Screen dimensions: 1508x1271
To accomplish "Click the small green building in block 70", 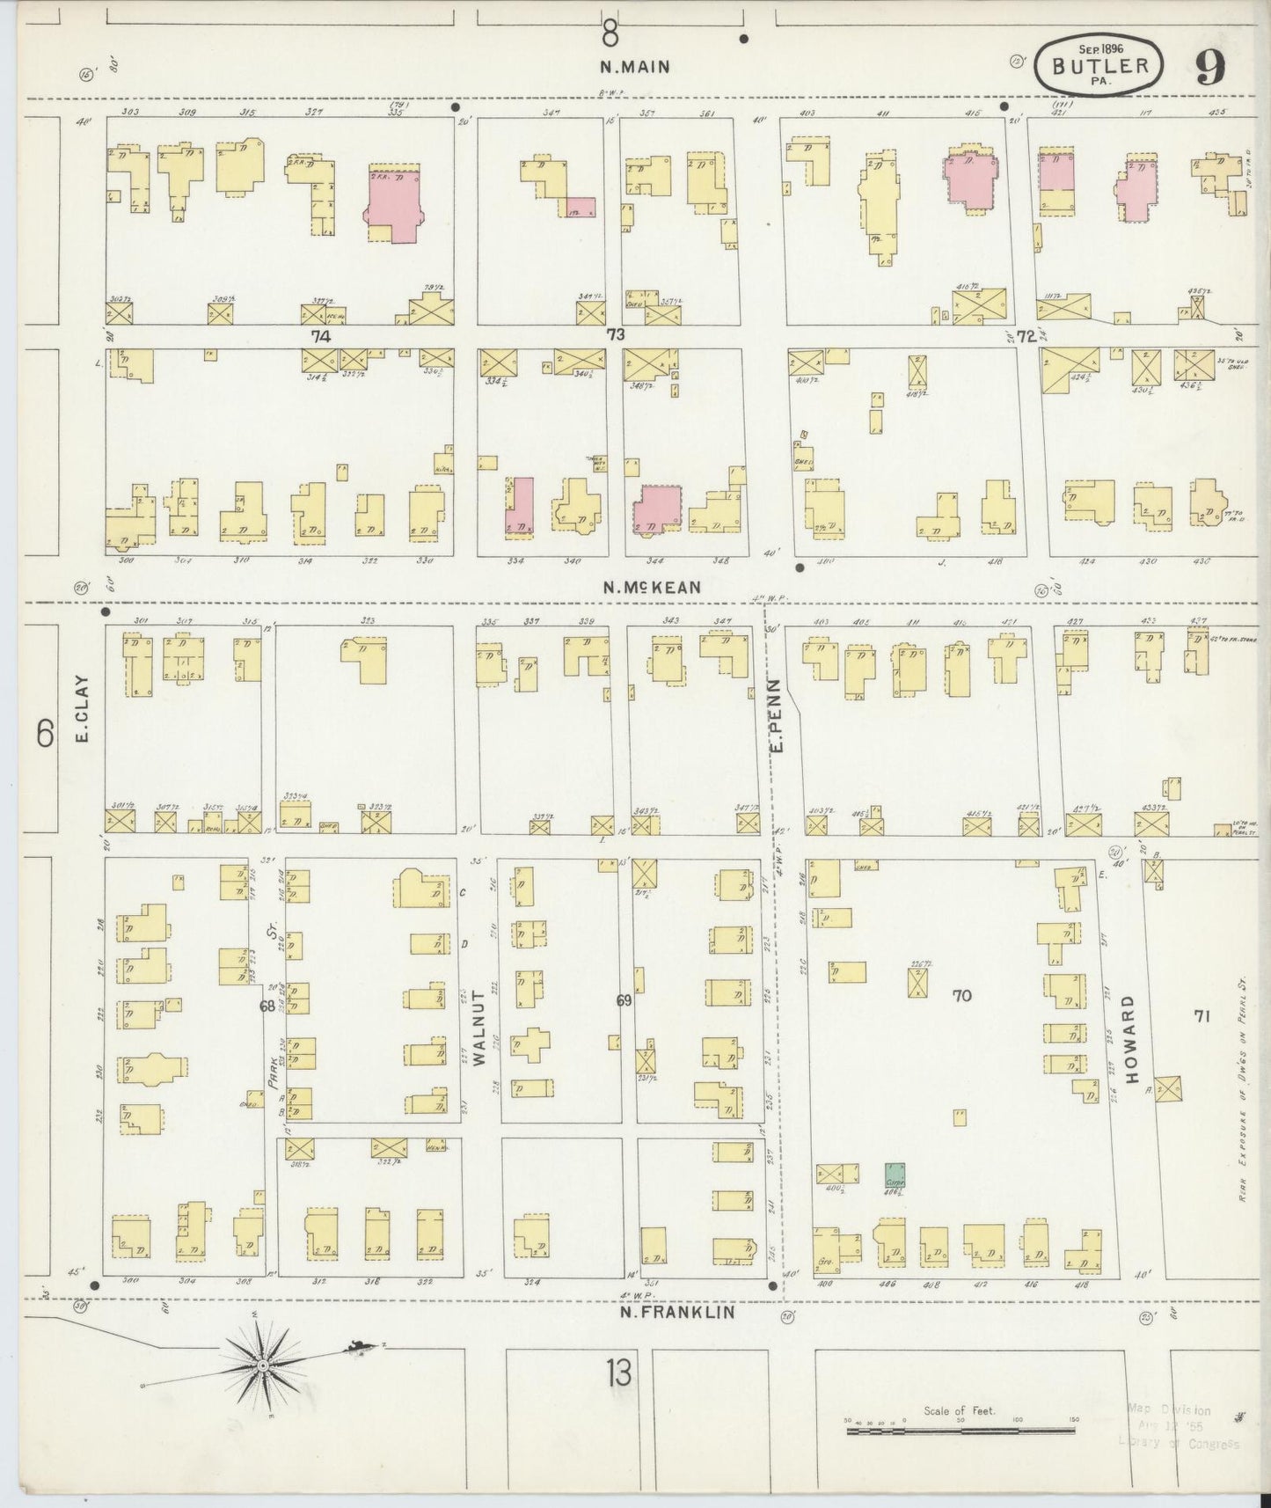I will (x=897, y=1175).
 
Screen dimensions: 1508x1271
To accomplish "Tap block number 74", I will (x=318, y=335).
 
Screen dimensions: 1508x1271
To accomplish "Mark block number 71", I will (x=1201, y=1016).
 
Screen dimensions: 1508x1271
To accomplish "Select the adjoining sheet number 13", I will (x=617, y=1373).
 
